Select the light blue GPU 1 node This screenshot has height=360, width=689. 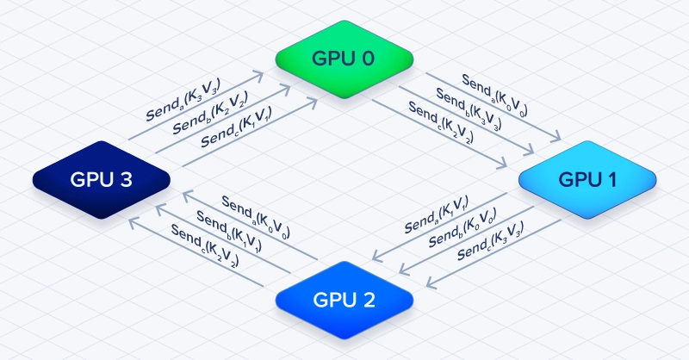[588, 179]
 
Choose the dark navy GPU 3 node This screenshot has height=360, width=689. [101, 179]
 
